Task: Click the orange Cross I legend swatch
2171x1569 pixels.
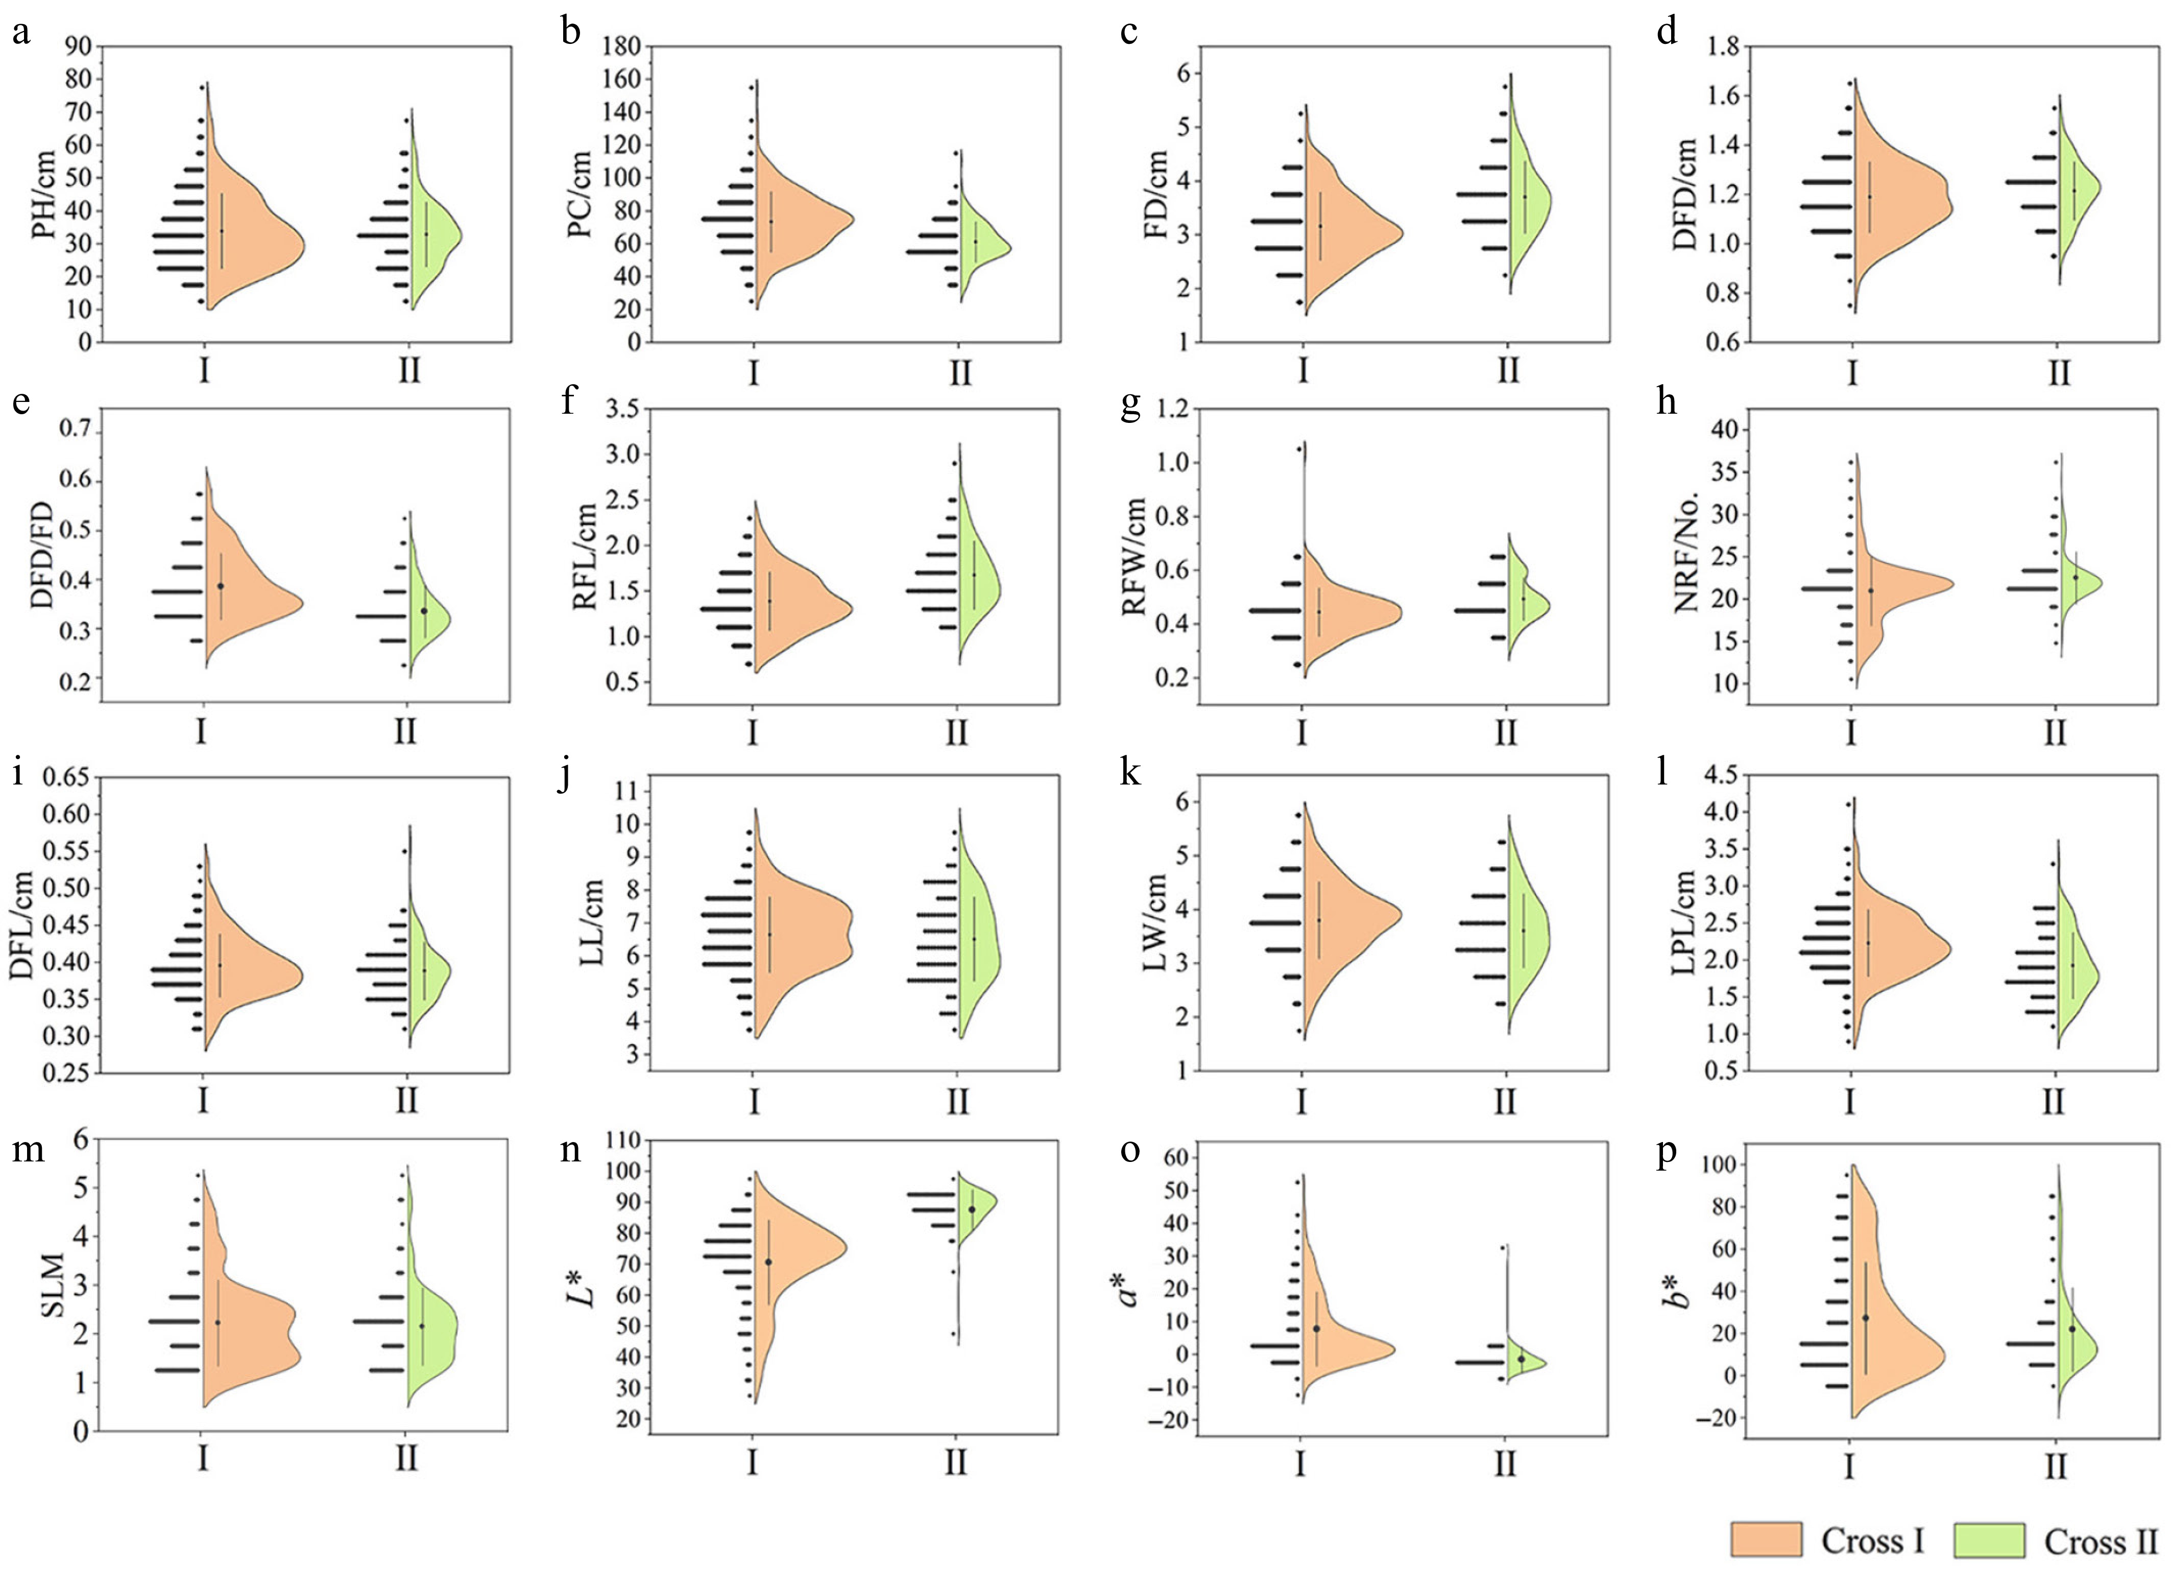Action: [1766, 1540]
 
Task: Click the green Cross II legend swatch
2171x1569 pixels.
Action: [1988, 1540]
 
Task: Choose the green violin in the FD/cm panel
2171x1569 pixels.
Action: [1529, 196]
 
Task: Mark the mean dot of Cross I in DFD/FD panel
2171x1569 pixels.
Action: [221, 586]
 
